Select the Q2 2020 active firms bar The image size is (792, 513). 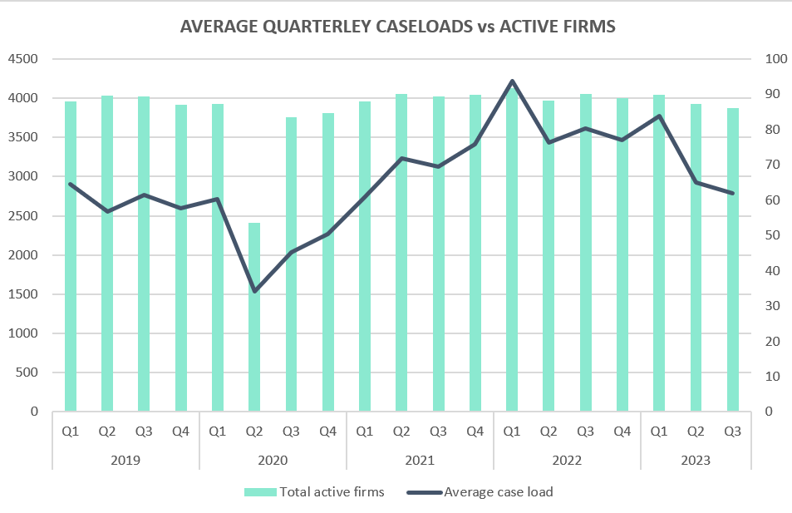254,317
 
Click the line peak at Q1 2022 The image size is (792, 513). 512,81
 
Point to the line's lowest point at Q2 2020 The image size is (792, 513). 254,291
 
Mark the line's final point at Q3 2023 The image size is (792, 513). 732,193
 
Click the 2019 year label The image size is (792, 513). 125,460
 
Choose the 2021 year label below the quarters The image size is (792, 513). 420,460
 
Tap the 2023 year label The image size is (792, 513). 696,460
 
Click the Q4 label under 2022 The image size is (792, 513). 622,432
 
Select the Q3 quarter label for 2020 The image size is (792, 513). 291,432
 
